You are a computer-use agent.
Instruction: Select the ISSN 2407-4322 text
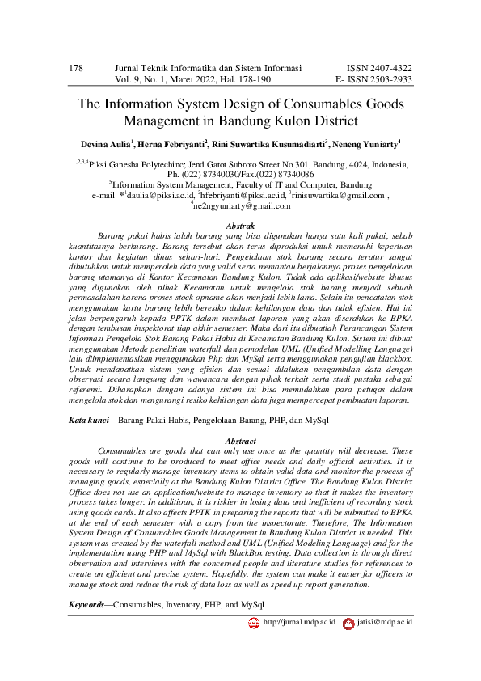pos(379,68)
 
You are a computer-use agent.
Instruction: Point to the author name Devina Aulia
pos(107,144)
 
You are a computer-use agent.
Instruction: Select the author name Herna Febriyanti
pos(172,144)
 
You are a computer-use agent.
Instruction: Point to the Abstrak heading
pos(240,226)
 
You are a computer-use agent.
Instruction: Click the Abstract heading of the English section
pos(240,441)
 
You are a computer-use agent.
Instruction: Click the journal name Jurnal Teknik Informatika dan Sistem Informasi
pos(209,68)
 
